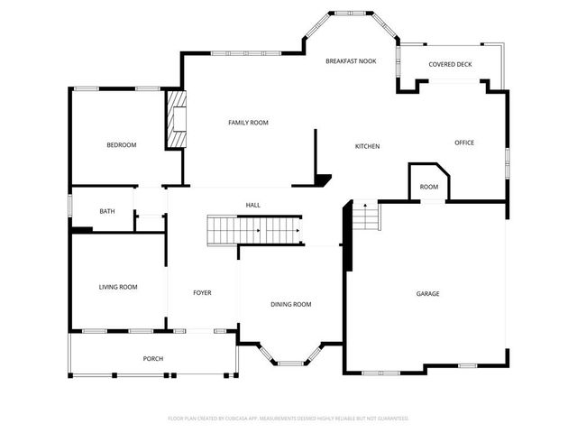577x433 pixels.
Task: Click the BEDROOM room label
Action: click(x=122, y=144)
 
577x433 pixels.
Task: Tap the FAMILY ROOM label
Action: click(x=248, y=123)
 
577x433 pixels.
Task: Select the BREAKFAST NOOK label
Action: click(x=351, y=60)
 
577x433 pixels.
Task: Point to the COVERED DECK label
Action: click(x=450, y=65)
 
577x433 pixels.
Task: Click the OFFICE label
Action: click(x=464, y=143)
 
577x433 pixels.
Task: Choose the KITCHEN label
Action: click(x=367, y=146)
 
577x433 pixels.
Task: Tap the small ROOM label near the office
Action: click(x=429, y=187)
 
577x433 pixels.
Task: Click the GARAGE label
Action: click(x=427, y=293)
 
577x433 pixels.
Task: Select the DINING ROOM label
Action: click(x=291, y=304)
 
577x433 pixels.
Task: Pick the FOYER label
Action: click(x=202, y=293)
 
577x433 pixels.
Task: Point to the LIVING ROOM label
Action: click(x=118, y=287)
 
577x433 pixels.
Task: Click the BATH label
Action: click(x=107, y=212)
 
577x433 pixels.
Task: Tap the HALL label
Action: click(x=253, y=206)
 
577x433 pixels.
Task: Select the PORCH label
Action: click(x=153, y=359)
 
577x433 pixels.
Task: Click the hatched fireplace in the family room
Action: click(x=175, y=119)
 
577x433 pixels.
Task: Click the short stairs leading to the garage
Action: click(x=364, y=217)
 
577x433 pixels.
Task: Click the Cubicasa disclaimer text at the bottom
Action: click(x=288, y=419)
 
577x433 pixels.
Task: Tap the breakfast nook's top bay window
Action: click(x=351, y=14)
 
